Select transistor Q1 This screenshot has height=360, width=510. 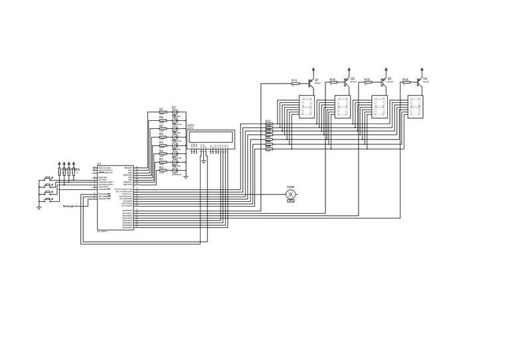click(310, 82)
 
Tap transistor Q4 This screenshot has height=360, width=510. click(418, 82)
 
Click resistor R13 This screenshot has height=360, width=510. click(295, 83)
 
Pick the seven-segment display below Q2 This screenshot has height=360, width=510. click(343, 107)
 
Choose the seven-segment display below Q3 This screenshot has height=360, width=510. click(379, 107)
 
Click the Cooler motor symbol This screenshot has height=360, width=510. click(290, 195)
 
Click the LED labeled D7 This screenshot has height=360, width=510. click(175, 113)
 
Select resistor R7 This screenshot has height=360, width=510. click(161, 113)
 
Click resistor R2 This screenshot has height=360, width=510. click(161, 171)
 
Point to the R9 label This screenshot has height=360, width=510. click(78, 169)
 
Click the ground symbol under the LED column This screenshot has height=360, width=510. click(185, 177)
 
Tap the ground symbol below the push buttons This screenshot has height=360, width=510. click(39, 207)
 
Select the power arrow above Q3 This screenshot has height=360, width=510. click(386, 68)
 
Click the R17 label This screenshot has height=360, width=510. click(268, 121)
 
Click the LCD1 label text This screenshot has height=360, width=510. click(190, 125)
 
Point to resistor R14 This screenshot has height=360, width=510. click(333, 83)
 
